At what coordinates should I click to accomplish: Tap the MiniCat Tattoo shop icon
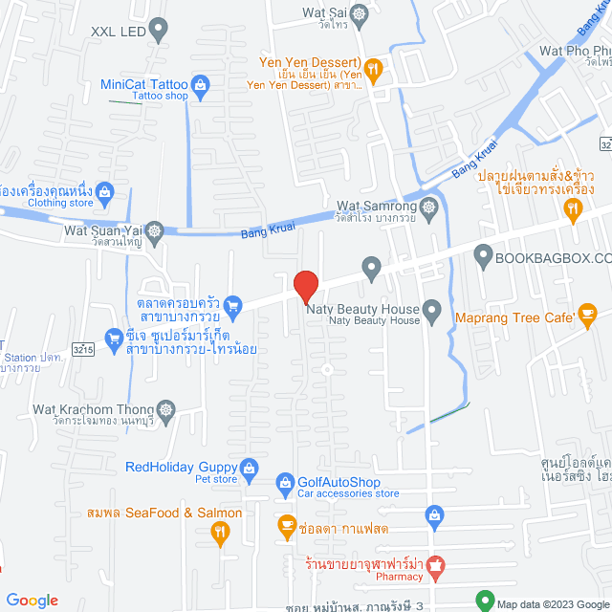[201, 85]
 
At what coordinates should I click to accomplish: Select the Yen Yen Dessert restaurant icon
[374, 68]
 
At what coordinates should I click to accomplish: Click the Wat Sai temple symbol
[359, 14]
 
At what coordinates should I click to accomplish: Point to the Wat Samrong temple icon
[429, 207]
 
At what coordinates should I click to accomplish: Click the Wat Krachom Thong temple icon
[167, 409]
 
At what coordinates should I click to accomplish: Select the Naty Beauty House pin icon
[431, 309]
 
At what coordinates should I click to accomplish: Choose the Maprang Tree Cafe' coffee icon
[587, 314]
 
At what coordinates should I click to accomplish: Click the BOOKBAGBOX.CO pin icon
[483, 257]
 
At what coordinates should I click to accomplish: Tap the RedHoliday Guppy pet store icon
[249, 468]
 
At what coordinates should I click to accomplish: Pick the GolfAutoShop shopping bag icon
[285, 482]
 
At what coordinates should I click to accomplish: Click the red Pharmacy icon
[435, 565]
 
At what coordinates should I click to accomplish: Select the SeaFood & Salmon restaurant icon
[220, 534]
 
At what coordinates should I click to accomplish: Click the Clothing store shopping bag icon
[105, 191]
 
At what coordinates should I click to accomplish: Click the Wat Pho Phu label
[575, 49]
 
